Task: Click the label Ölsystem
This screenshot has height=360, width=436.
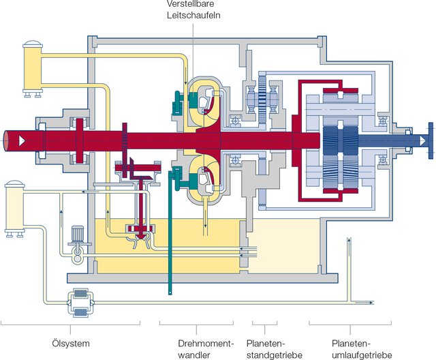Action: tap(70, 342)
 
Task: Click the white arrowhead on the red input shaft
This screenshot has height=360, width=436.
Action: tap(24, 140)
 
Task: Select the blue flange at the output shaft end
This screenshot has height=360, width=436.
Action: tap(431, 140)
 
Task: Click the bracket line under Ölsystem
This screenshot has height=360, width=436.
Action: tap(70, 321)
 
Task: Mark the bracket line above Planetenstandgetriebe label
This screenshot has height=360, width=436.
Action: tap(265, 321)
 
